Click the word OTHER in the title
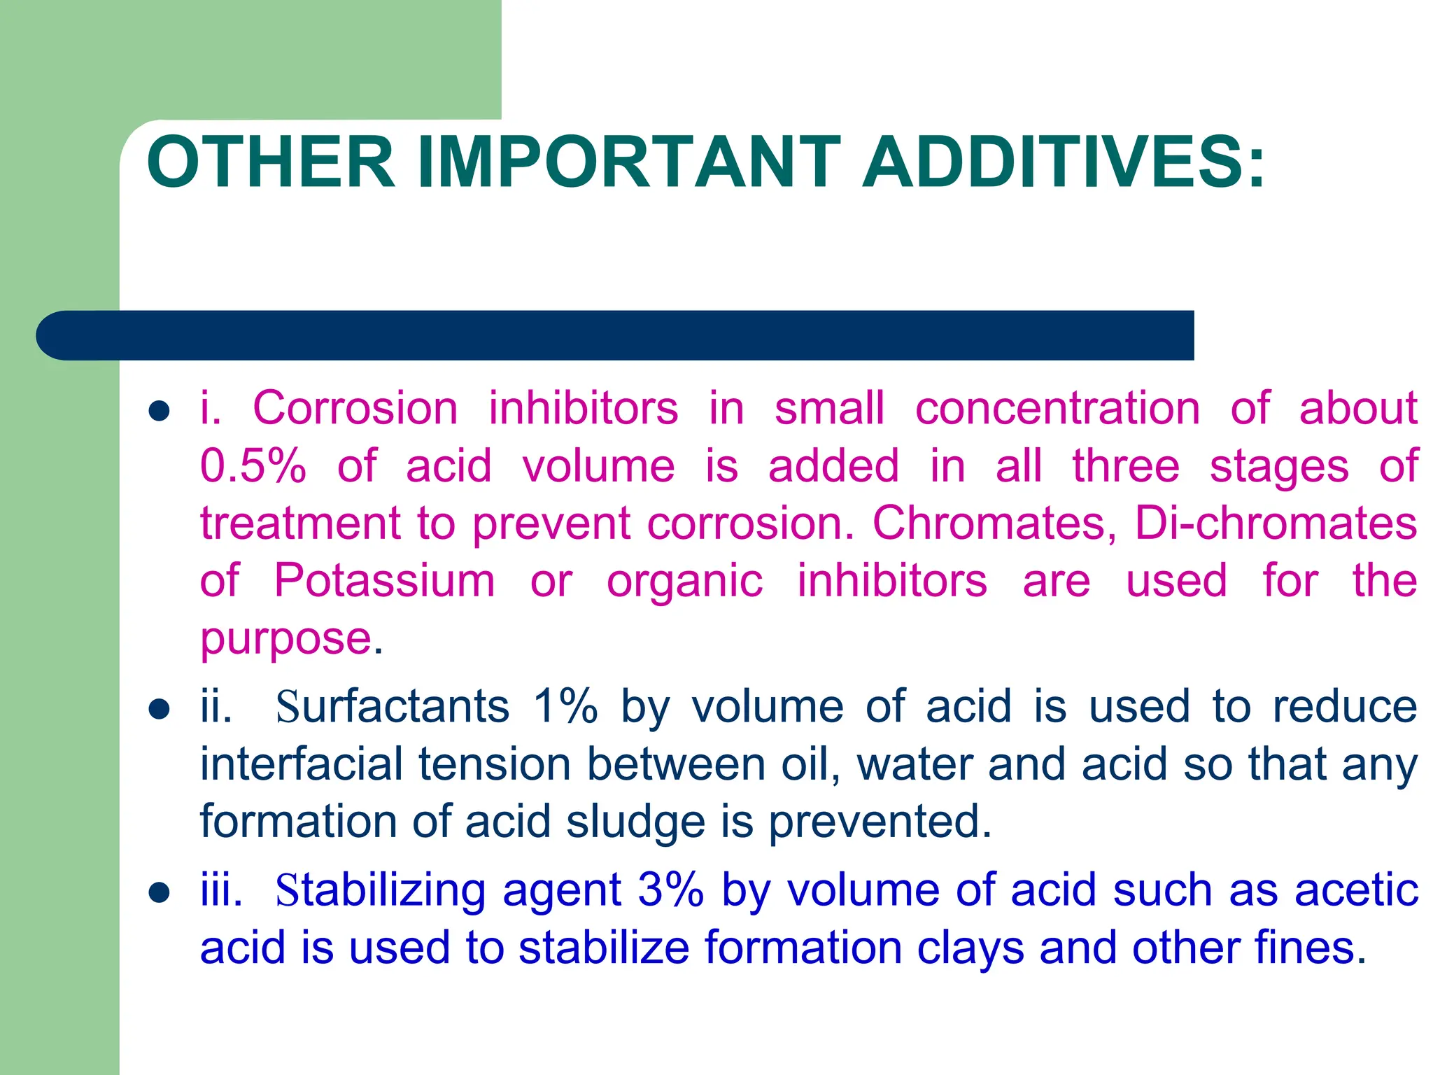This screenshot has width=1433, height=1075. click(271, 162)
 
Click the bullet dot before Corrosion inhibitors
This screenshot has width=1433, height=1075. click(160, 411)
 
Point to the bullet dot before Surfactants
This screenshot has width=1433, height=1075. click(160, 709)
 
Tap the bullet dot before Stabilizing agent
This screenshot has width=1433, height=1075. click(160, 893)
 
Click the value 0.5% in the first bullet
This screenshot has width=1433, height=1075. click(253, 466)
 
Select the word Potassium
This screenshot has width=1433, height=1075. click(384, 580)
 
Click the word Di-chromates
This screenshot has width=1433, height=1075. click(1276, 523)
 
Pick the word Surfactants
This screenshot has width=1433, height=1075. click(392, 706)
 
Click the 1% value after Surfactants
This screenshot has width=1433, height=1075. click(565, 706)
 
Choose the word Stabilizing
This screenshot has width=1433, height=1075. click(380, 891)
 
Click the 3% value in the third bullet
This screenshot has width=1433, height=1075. click(670, 891)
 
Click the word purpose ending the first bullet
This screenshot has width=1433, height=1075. click(285, 639)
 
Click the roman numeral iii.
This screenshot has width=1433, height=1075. click(220, 891)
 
